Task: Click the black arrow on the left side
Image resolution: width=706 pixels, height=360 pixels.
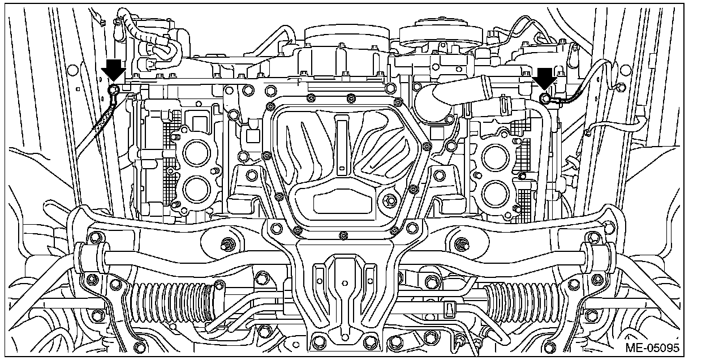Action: pos(114,69)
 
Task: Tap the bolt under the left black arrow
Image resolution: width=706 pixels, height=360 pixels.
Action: pos(114,89)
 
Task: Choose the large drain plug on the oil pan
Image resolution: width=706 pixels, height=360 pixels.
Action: pos(389,200)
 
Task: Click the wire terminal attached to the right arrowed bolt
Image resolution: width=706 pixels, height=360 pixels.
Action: pos(557,101)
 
